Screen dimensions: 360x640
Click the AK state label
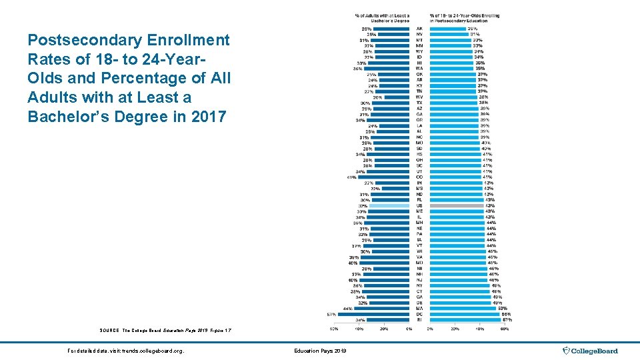point(419,29)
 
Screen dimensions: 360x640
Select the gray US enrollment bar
point(457,206)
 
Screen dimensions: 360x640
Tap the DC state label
point(419,314)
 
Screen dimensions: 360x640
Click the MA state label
point(419,308)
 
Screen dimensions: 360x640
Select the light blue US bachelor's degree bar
point(391,206)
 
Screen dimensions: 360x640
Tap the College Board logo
point(591,351)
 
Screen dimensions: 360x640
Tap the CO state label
point(419,177)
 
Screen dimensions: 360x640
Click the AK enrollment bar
point(448,29)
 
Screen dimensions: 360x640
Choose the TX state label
point(419,103)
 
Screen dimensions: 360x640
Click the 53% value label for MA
point(501,308)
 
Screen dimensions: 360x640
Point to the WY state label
point(419,51)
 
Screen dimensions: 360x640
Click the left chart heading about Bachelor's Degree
point(382,18)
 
